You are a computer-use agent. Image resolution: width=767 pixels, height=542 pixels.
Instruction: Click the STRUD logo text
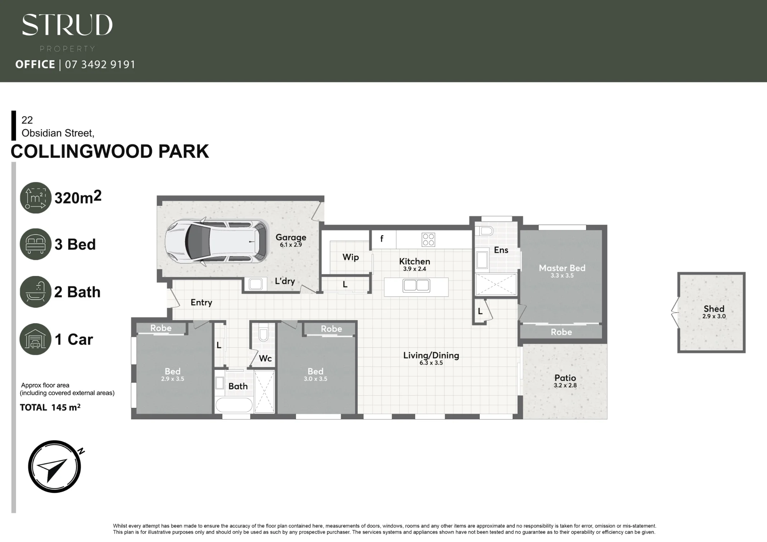coord(67,25)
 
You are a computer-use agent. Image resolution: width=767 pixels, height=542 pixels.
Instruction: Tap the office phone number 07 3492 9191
coord(100,64)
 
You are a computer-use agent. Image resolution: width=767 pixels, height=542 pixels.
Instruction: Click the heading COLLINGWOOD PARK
coord(110,151)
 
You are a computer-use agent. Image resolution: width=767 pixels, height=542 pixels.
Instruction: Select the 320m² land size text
coord(78,197)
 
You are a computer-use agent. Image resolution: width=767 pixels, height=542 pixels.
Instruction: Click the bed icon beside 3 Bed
coord(36,244)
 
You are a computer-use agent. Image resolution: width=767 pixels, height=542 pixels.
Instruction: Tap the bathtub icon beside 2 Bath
coord(36,292)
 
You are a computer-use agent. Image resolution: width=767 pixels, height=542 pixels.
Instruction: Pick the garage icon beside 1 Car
coord(36,339)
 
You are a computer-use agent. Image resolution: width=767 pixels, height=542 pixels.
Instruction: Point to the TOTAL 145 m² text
coord(50,407)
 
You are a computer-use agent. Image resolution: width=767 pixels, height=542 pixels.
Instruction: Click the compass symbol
coord(55,466)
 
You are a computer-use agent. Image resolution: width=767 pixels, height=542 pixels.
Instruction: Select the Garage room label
coord(291,237)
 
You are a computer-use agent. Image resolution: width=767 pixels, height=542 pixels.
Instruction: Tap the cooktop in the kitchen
coord(428,240)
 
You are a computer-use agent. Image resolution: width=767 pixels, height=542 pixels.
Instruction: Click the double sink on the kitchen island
coord(416,286)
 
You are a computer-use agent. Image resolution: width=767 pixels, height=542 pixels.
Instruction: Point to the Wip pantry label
coord(351,257)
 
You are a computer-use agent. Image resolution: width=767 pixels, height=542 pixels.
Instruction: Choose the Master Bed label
coord(562,268)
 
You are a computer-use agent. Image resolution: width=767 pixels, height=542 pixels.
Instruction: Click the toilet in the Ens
coord(485,231)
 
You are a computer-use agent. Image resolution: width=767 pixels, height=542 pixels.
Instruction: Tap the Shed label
coord(714,309)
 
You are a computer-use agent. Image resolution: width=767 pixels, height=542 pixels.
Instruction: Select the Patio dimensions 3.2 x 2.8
coord(565,385)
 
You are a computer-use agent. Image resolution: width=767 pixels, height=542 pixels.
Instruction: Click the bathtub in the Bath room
coord(234,405)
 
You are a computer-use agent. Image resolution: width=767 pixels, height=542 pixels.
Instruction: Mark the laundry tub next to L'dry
coord(255,284)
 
